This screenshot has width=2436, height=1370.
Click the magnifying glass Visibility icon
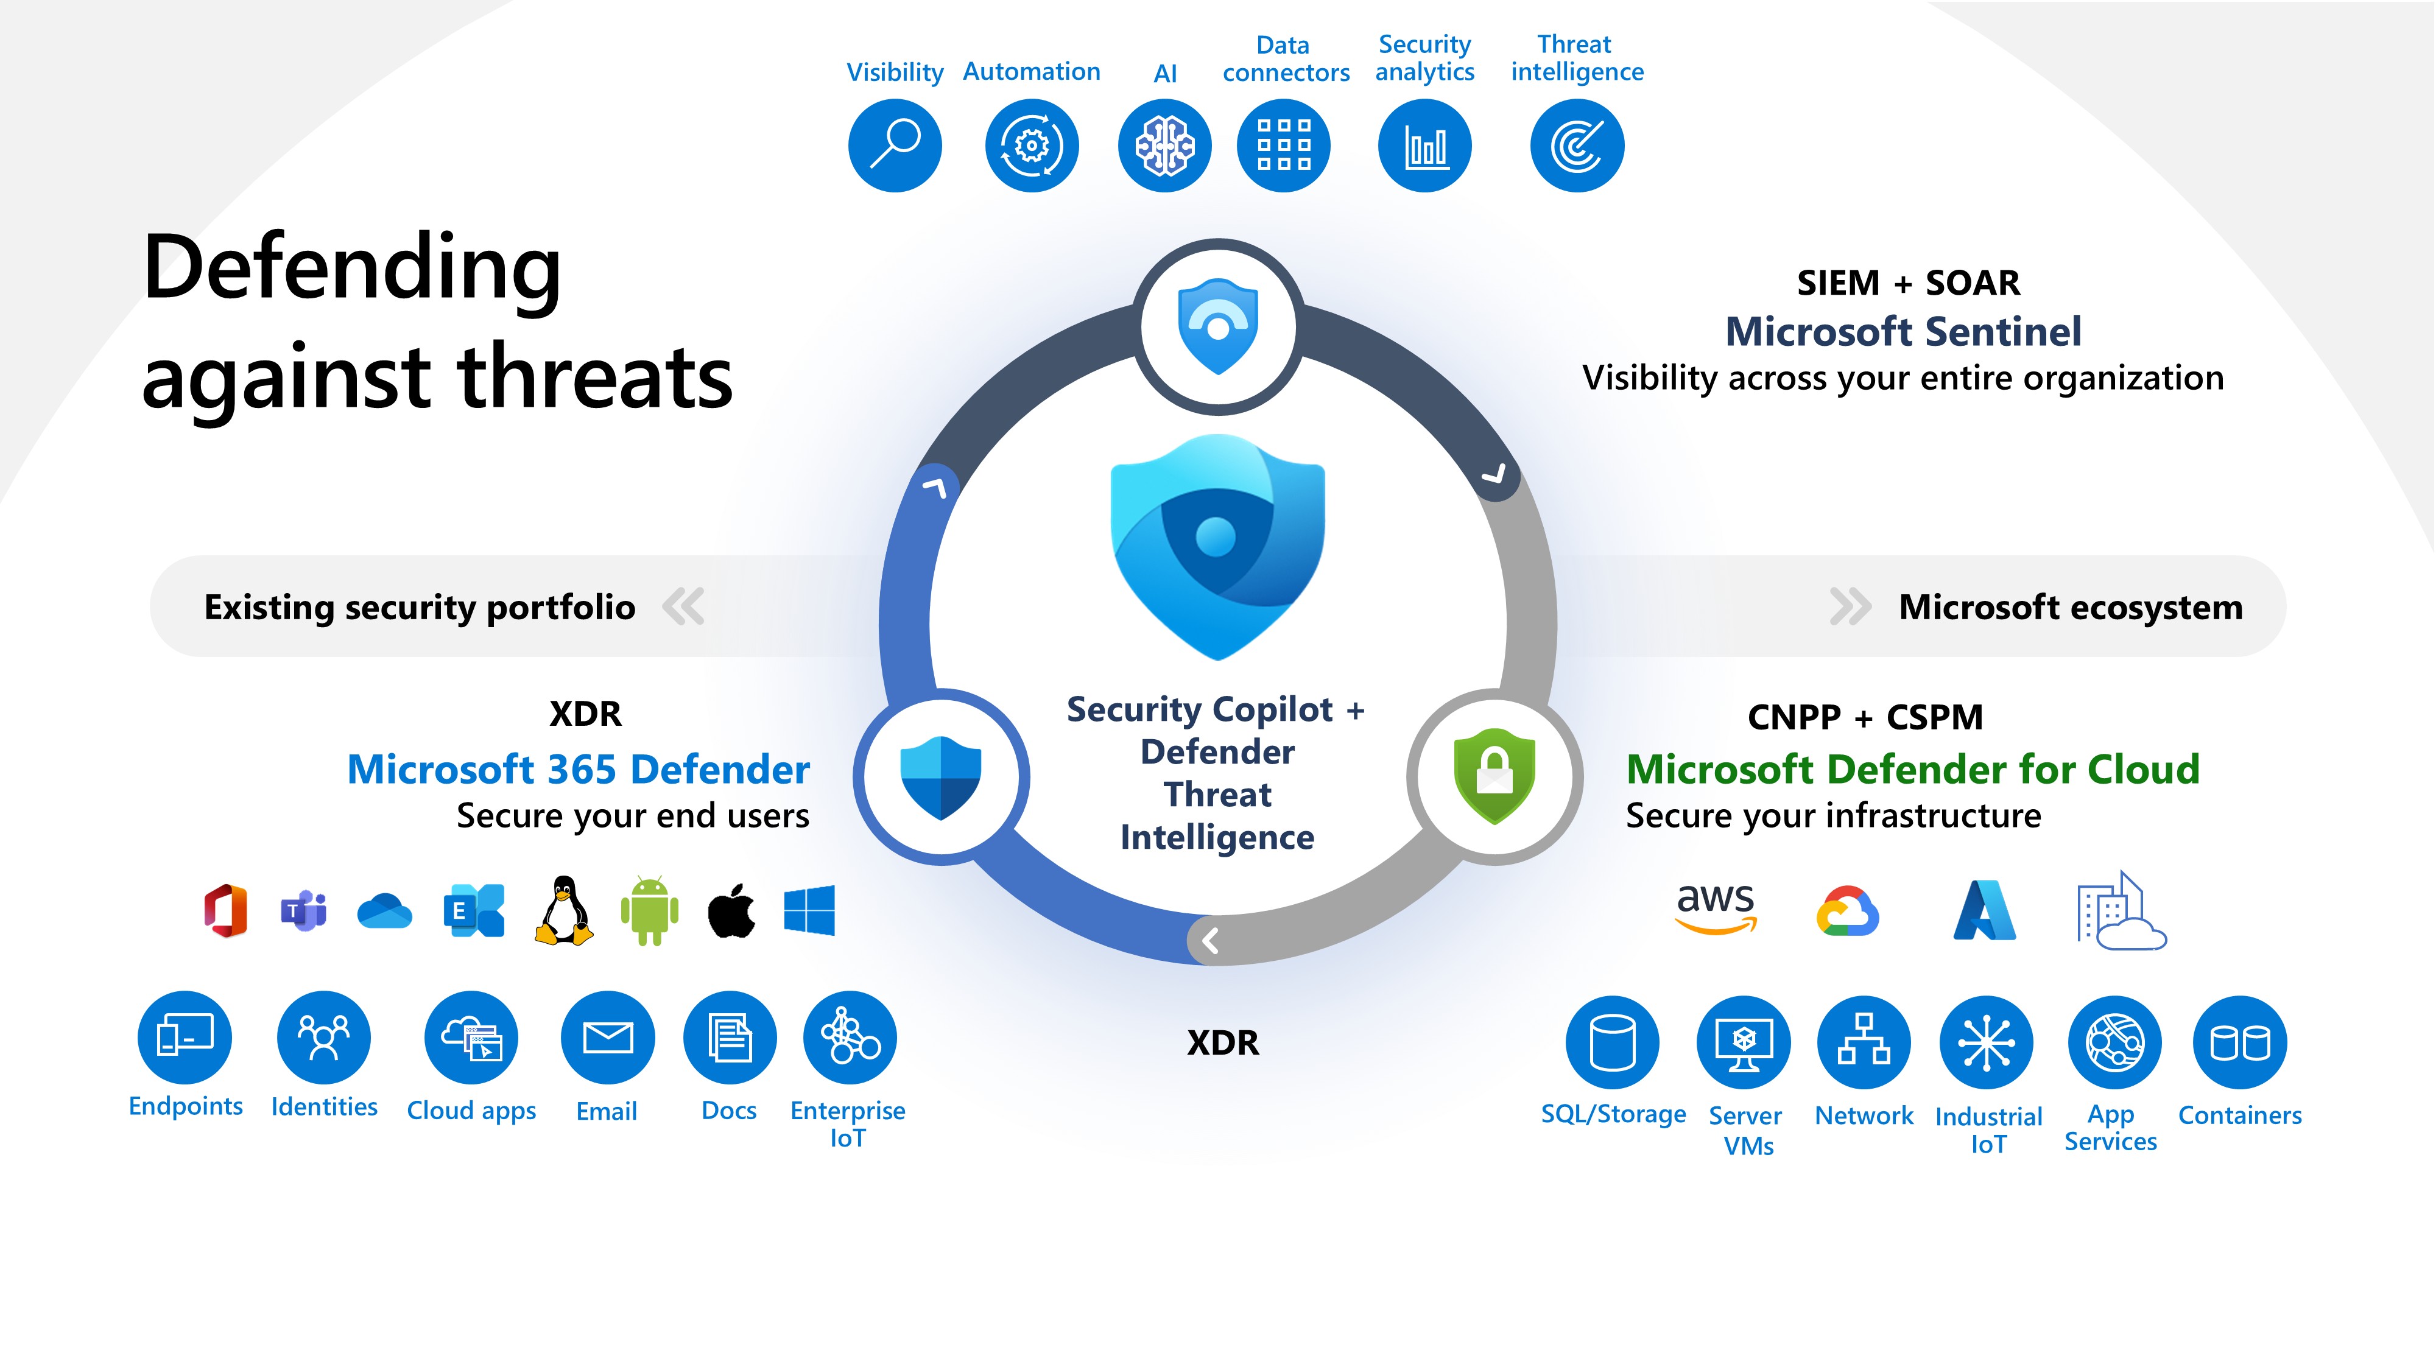click(x=895, y=146)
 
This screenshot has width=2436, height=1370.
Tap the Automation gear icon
click(x=1032, y=146)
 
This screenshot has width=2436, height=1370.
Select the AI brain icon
click(x=1165, y=146)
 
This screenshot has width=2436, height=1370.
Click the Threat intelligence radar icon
click(x=1577, y=146)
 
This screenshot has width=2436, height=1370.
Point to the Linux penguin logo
click(x=563, y=910)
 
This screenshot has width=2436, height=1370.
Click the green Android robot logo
click(x=650, y=910)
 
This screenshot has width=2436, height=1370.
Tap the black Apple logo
click(x=732, y=910)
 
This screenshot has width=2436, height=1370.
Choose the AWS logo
click(x=1716, y=908)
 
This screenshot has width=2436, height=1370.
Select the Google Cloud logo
click(x=1847, y=912)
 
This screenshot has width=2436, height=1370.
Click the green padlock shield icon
click(x=1494, y=775)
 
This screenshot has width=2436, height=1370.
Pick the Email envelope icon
click(x=607, y=1037)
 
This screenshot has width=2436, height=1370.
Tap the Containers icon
click(x=2239, y=1042)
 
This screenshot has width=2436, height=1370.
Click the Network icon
click(x=1863, y=1042)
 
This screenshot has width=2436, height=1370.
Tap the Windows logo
click(x=809, y=910)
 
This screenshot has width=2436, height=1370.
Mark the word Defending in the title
click(x=352, y=269)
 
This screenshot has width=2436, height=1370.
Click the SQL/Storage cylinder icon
click(x=1613, y=1042)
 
